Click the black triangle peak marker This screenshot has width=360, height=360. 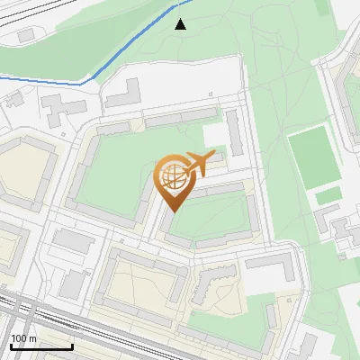point(181,24)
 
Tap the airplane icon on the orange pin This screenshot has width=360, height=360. point(195,165)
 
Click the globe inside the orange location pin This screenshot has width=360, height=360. point(171,176)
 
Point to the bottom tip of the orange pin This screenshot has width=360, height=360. point(172,211)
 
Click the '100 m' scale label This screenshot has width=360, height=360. point(24,338)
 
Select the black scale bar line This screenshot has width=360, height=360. point(41,346)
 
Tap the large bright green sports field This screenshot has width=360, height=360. point(310,157)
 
